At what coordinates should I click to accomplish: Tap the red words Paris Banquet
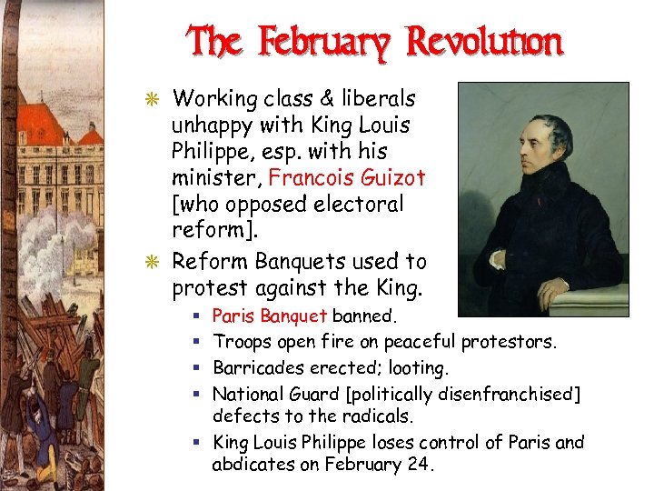coord(269,316)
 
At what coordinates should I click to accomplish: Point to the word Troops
coord(243,342)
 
